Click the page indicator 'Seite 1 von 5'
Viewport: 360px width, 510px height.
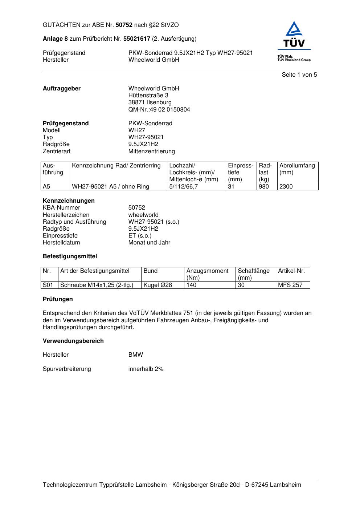[299, 75]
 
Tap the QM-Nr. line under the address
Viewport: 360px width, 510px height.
[159, 110]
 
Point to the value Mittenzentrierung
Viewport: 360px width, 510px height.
[151, 151]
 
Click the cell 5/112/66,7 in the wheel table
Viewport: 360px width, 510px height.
[184, 187]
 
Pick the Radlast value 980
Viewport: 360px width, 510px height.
[263, 187]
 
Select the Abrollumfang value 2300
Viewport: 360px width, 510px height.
[286, 187]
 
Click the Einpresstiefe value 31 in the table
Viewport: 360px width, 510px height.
[231, 187]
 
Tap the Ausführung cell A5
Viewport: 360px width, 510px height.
[46, 187]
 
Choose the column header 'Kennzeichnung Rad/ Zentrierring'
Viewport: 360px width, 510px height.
[116, 166]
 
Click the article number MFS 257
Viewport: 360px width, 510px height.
[290, 285]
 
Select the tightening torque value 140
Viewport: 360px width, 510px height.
[191, 285]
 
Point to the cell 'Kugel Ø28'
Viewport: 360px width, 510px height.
[158, 285]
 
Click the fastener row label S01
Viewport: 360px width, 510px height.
[48, 285]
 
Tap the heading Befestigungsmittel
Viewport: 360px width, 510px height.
[70, 256]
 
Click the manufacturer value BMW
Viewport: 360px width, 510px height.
[135, 355]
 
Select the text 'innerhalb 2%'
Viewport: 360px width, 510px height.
[146, 369]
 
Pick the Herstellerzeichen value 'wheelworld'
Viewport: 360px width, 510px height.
[143, 215]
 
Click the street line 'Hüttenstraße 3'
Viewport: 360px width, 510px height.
[148, 96]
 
